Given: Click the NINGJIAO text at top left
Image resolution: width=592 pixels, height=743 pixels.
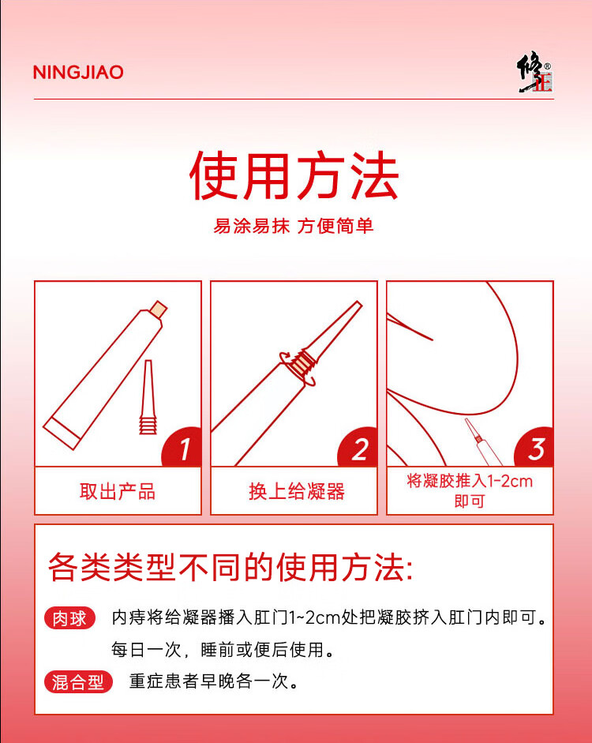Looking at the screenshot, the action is click(78, 72).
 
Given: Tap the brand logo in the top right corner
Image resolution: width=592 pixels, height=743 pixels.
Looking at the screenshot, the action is click(534, 73).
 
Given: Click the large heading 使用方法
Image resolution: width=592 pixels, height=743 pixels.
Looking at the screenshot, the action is click(294, 175).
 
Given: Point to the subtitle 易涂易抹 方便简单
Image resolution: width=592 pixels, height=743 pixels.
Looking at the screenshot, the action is click(294, 226).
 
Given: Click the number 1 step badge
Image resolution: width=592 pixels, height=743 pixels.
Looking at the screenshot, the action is click(182, 448).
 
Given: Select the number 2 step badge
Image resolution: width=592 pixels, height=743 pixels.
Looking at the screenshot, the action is click(358, 448).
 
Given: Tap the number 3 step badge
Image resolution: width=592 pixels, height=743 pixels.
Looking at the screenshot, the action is click(534, 448).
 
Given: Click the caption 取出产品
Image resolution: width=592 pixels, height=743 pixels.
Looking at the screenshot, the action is click(118, 491).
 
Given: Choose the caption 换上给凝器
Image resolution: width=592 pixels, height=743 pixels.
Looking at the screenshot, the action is click(297, 491).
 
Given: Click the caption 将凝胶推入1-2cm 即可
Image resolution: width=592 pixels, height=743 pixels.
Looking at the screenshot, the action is click(470, 491).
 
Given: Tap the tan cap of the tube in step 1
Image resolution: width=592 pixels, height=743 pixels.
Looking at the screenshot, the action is click(158, 310).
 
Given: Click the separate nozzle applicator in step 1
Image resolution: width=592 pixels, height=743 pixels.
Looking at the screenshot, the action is click(148, 397).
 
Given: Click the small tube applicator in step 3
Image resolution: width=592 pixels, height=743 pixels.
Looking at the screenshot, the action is click(483, 441).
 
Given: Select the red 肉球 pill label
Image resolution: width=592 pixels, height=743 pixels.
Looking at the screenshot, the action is click(69, 618).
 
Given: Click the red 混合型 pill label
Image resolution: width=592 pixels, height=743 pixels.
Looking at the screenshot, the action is click(79, 682).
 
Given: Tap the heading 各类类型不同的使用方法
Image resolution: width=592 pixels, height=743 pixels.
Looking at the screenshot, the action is click(230, 567).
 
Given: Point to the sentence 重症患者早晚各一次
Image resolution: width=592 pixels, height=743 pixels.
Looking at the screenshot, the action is click(214, 681).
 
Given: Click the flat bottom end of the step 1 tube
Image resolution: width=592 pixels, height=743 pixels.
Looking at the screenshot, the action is click(62, 433).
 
